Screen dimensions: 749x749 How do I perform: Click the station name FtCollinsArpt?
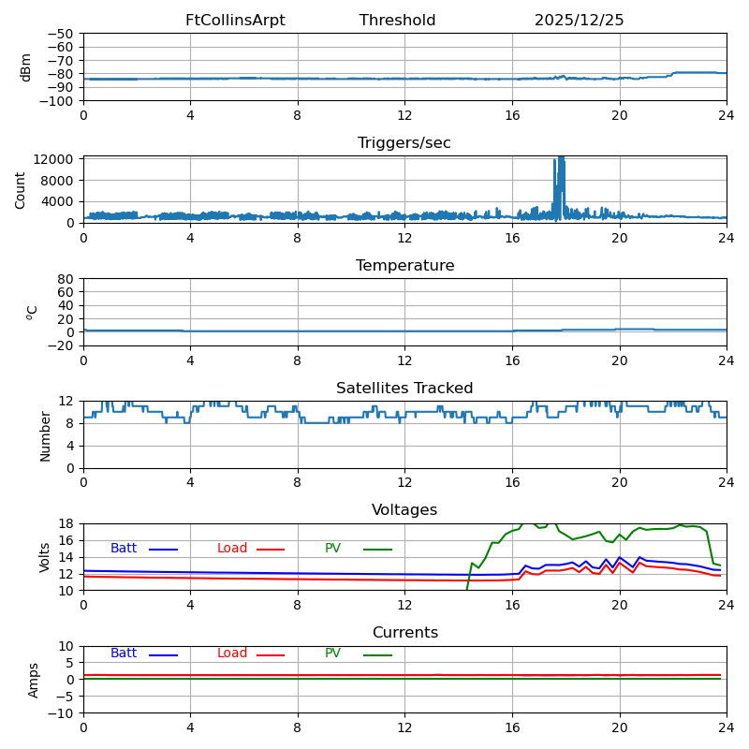pyautogui.click(x=235, y=21)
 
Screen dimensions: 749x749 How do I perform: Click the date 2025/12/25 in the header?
pyautogui.click(x=579, y=21)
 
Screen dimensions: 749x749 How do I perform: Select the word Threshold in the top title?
pyautogui.click(x=397, y=21)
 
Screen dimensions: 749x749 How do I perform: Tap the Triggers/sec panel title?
pyautogui.click(x=404, y=143)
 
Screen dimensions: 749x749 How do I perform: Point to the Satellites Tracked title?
pyautogui.click(x=404, y=389)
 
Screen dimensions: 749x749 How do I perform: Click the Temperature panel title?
pyautogui.click(x=404, y=266)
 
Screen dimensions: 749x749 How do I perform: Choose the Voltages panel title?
pyautogui.click(x=404, y=510)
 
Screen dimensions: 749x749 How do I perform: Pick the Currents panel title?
pyautogui.click(x=404, y=633)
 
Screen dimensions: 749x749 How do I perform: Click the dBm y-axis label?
pyautogui.click(x=26, y=66)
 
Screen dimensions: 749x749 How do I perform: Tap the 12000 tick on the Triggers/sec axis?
pyautogui.click(x=55, y=159)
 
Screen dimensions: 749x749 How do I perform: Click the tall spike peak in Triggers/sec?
pyautogui.click(x=561, y=157)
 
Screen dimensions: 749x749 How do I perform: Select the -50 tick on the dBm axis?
pyautogui.click(x=61, y=34)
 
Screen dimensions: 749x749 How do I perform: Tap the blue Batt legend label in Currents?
pyautogui.click(x=124, y=654)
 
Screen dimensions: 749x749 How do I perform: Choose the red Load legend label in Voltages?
pyautogui.click(x=232, y=549)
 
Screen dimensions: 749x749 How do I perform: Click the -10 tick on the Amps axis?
pyautogui.click(x=61, y=713)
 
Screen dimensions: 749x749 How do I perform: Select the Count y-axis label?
pyautogui.click(x=22, y=189)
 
